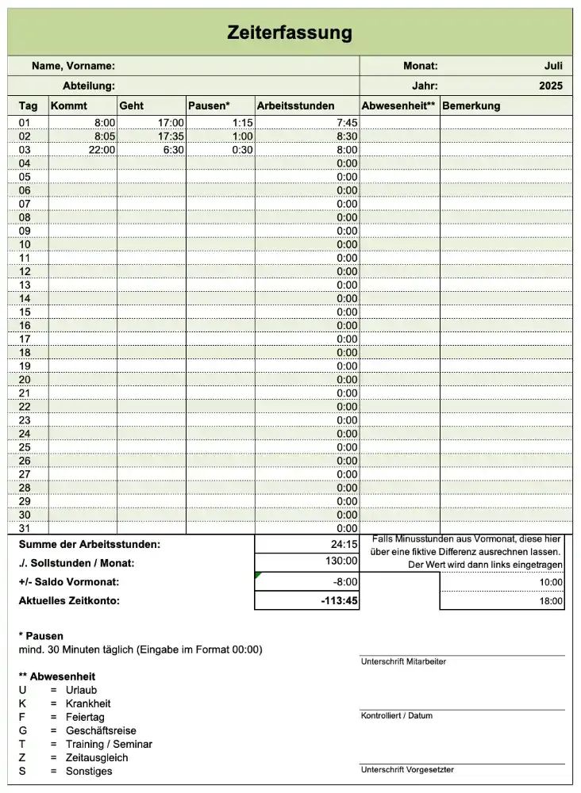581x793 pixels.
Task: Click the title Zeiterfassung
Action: [x=290, y=33]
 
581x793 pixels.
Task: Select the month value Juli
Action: [x=552, y=66]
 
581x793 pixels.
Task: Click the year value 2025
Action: [x=549, y=86]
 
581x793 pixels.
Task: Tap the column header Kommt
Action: [x=69, y=105]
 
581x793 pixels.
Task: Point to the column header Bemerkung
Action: [x=471, y=105]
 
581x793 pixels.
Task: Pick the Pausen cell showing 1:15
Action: [x=242, y=123]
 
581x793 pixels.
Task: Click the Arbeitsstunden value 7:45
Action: [x=347, y=123]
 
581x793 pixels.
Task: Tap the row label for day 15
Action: [x=25, y=312]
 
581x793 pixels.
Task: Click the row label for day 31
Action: [x=25, y=527]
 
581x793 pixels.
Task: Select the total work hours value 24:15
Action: [x=344, y=545]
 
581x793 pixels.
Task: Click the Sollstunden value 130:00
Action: [x=342, y=561]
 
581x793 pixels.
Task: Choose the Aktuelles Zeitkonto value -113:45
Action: [x=340, y=601]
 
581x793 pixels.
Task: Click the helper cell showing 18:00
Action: [x=552, y=602]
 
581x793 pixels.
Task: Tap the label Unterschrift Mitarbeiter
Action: [x=403, y=661]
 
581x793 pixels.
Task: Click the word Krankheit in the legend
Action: [x=88, y=703]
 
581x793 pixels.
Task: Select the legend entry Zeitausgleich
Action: [x=97, y=757]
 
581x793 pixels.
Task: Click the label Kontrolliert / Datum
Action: [x=397, y=715]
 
